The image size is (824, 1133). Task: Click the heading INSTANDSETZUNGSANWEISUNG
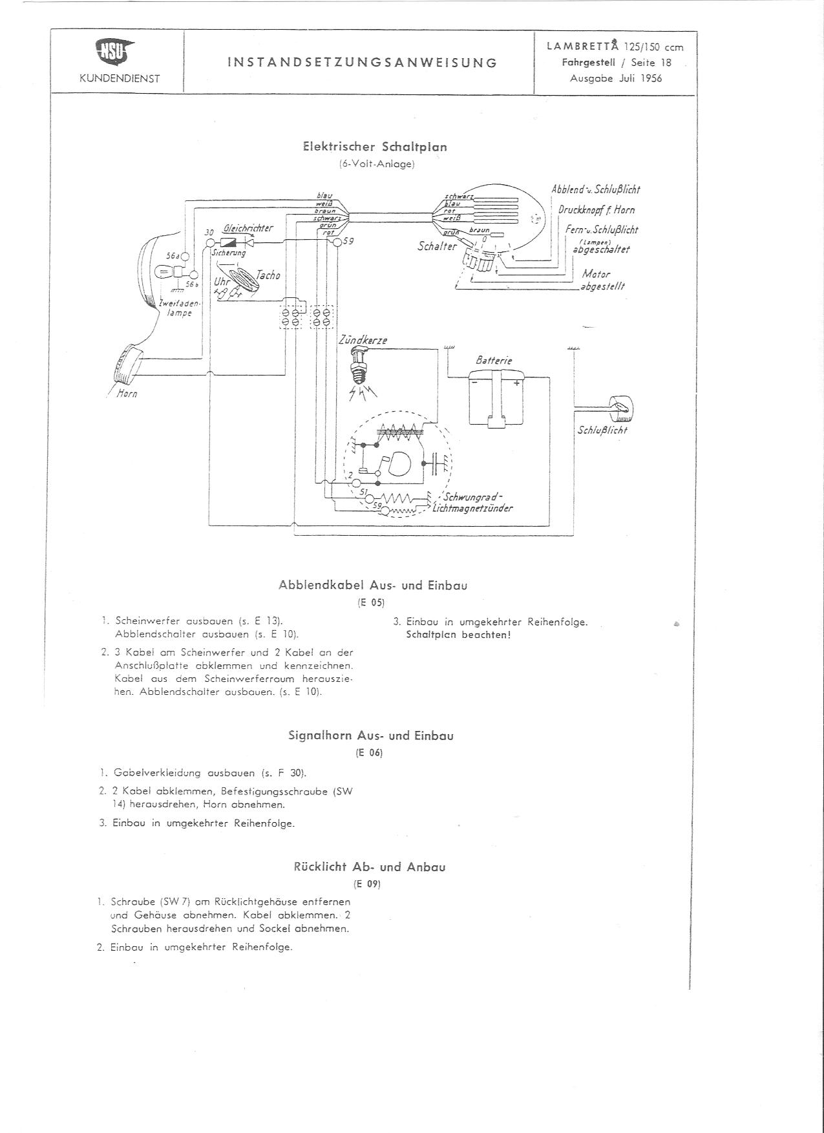pos(362,63)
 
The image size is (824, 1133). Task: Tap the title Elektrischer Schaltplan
pos(375,147)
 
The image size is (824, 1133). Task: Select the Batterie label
pos(494,360)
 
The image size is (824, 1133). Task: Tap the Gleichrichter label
pos(248,228)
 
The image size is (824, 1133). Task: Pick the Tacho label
pos(268,275)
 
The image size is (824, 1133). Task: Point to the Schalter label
pos(437,246)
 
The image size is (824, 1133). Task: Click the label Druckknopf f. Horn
pos(596,209)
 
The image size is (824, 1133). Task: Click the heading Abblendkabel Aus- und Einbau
pos(373,586)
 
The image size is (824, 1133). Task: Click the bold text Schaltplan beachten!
pos(458,635)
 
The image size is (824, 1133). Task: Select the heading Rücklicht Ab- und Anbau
pos(369,867)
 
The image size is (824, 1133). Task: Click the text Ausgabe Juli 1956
pos(616,78)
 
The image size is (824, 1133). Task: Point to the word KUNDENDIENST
pos(119,79)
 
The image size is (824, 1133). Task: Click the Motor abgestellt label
pos(601,280)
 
